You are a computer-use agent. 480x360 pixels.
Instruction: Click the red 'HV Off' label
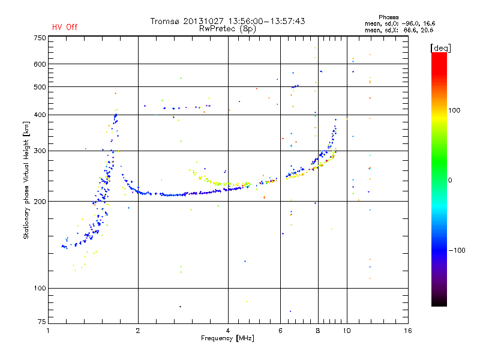(x=64, y=27)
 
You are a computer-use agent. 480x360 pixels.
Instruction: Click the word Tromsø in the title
(x=165, y=21)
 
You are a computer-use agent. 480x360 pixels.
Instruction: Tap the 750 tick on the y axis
(x=40, y=38)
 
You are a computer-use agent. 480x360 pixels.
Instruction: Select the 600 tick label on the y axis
(x=40, y=64)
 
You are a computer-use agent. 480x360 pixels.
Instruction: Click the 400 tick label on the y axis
(x=40, y=115)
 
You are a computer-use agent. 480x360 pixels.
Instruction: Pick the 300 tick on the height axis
(x=40, y=151)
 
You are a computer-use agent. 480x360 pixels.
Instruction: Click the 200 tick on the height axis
(x=40, y=202)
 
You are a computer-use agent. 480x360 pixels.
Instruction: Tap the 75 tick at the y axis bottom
(x=41, y=324)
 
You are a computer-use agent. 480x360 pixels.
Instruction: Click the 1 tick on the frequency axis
(x=48, y=331)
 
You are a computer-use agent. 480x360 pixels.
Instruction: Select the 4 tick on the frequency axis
(x=228, y=331)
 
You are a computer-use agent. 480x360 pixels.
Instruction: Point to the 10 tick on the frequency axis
(x=346, y=331)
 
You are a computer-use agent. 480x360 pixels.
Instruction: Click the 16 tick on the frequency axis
(x=407, y=331)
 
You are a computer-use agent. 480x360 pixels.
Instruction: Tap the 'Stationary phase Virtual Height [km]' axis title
(x=26, y=180)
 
